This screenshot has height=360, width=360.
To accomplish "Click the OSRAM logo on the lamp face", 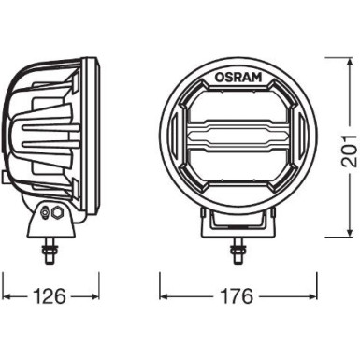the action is click(238, 78).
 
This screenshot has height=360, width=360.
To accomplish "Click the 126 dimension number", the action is click(50, 296).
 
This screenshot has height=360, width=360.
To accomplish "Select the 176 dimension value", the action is click(237, 296).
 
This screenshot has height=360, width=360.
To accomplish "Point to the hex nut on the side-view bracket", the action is click(58, 213).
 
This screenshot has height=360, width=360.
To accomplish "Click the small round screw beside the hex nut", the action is click(46, 212).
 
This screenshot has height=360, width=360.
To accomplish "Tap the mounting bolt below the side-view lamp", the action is click(50, 251).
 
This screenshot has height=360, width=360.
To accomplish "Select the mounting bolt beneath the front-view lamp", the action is click(237, 251).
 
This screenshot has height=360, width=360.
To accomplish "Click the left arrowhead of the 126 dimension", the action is click(7, 296).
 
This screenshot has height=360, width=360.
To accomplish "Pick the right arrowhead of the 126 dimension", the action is click(94, 296).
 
